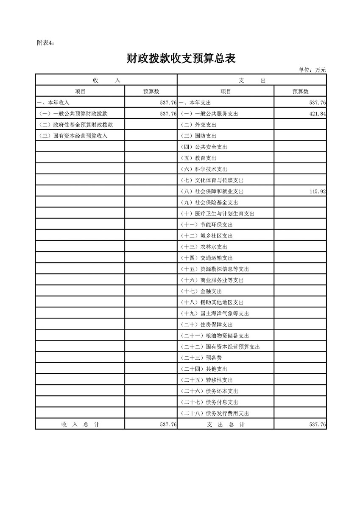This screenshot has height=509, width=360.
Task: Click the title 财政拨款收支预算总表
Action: [181, 59]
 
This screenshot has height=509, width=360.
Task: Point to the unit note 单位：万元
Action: [312, 70]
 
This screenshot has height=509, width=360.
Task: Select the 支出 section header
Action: [252, 80]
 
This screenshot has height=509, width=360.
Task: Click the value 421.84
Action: [317, 114]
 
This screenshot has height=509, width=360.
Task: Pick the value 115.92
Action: [317, 191]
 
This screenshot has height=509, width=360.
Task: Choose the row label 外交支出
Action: [198, 125]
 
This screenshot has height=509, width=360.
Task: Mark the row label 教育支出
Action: [198, 158]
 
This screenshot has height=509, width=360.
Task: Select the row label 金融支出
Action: [201, 291]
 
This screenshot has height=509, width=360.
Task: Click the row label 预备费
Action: [201, 358]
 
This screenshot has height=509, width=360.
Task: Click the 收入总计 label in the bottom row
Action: [80, 424]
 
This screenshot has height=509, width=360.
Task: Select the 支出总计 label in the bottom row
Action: [226, 424]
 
